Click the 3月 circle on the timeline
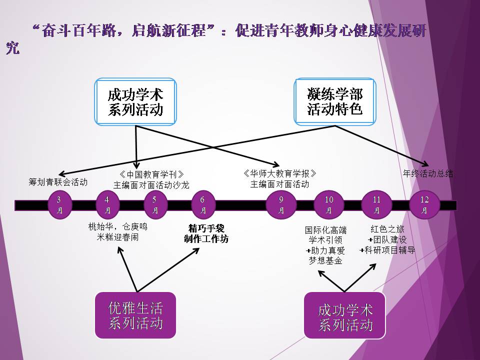coord(59,205)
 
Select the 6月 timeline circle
coord(203,205)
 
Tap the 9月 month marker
coord(281,205)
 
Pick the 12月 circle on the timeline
coord(424,205)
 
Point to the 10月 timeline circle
coord(329,205)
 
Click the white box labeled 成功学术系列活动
coord(135,101)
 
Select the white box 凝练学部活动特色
coord(334,101)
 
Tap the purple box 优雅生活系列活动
coord(135,315)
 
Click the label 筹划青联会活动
coord(58,182)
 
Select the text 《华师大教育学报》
coord(280,173)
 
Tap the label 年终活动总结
coord(428,174)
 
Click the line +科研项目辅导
coord(387,250)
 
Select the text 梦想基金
coord(325,260)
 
